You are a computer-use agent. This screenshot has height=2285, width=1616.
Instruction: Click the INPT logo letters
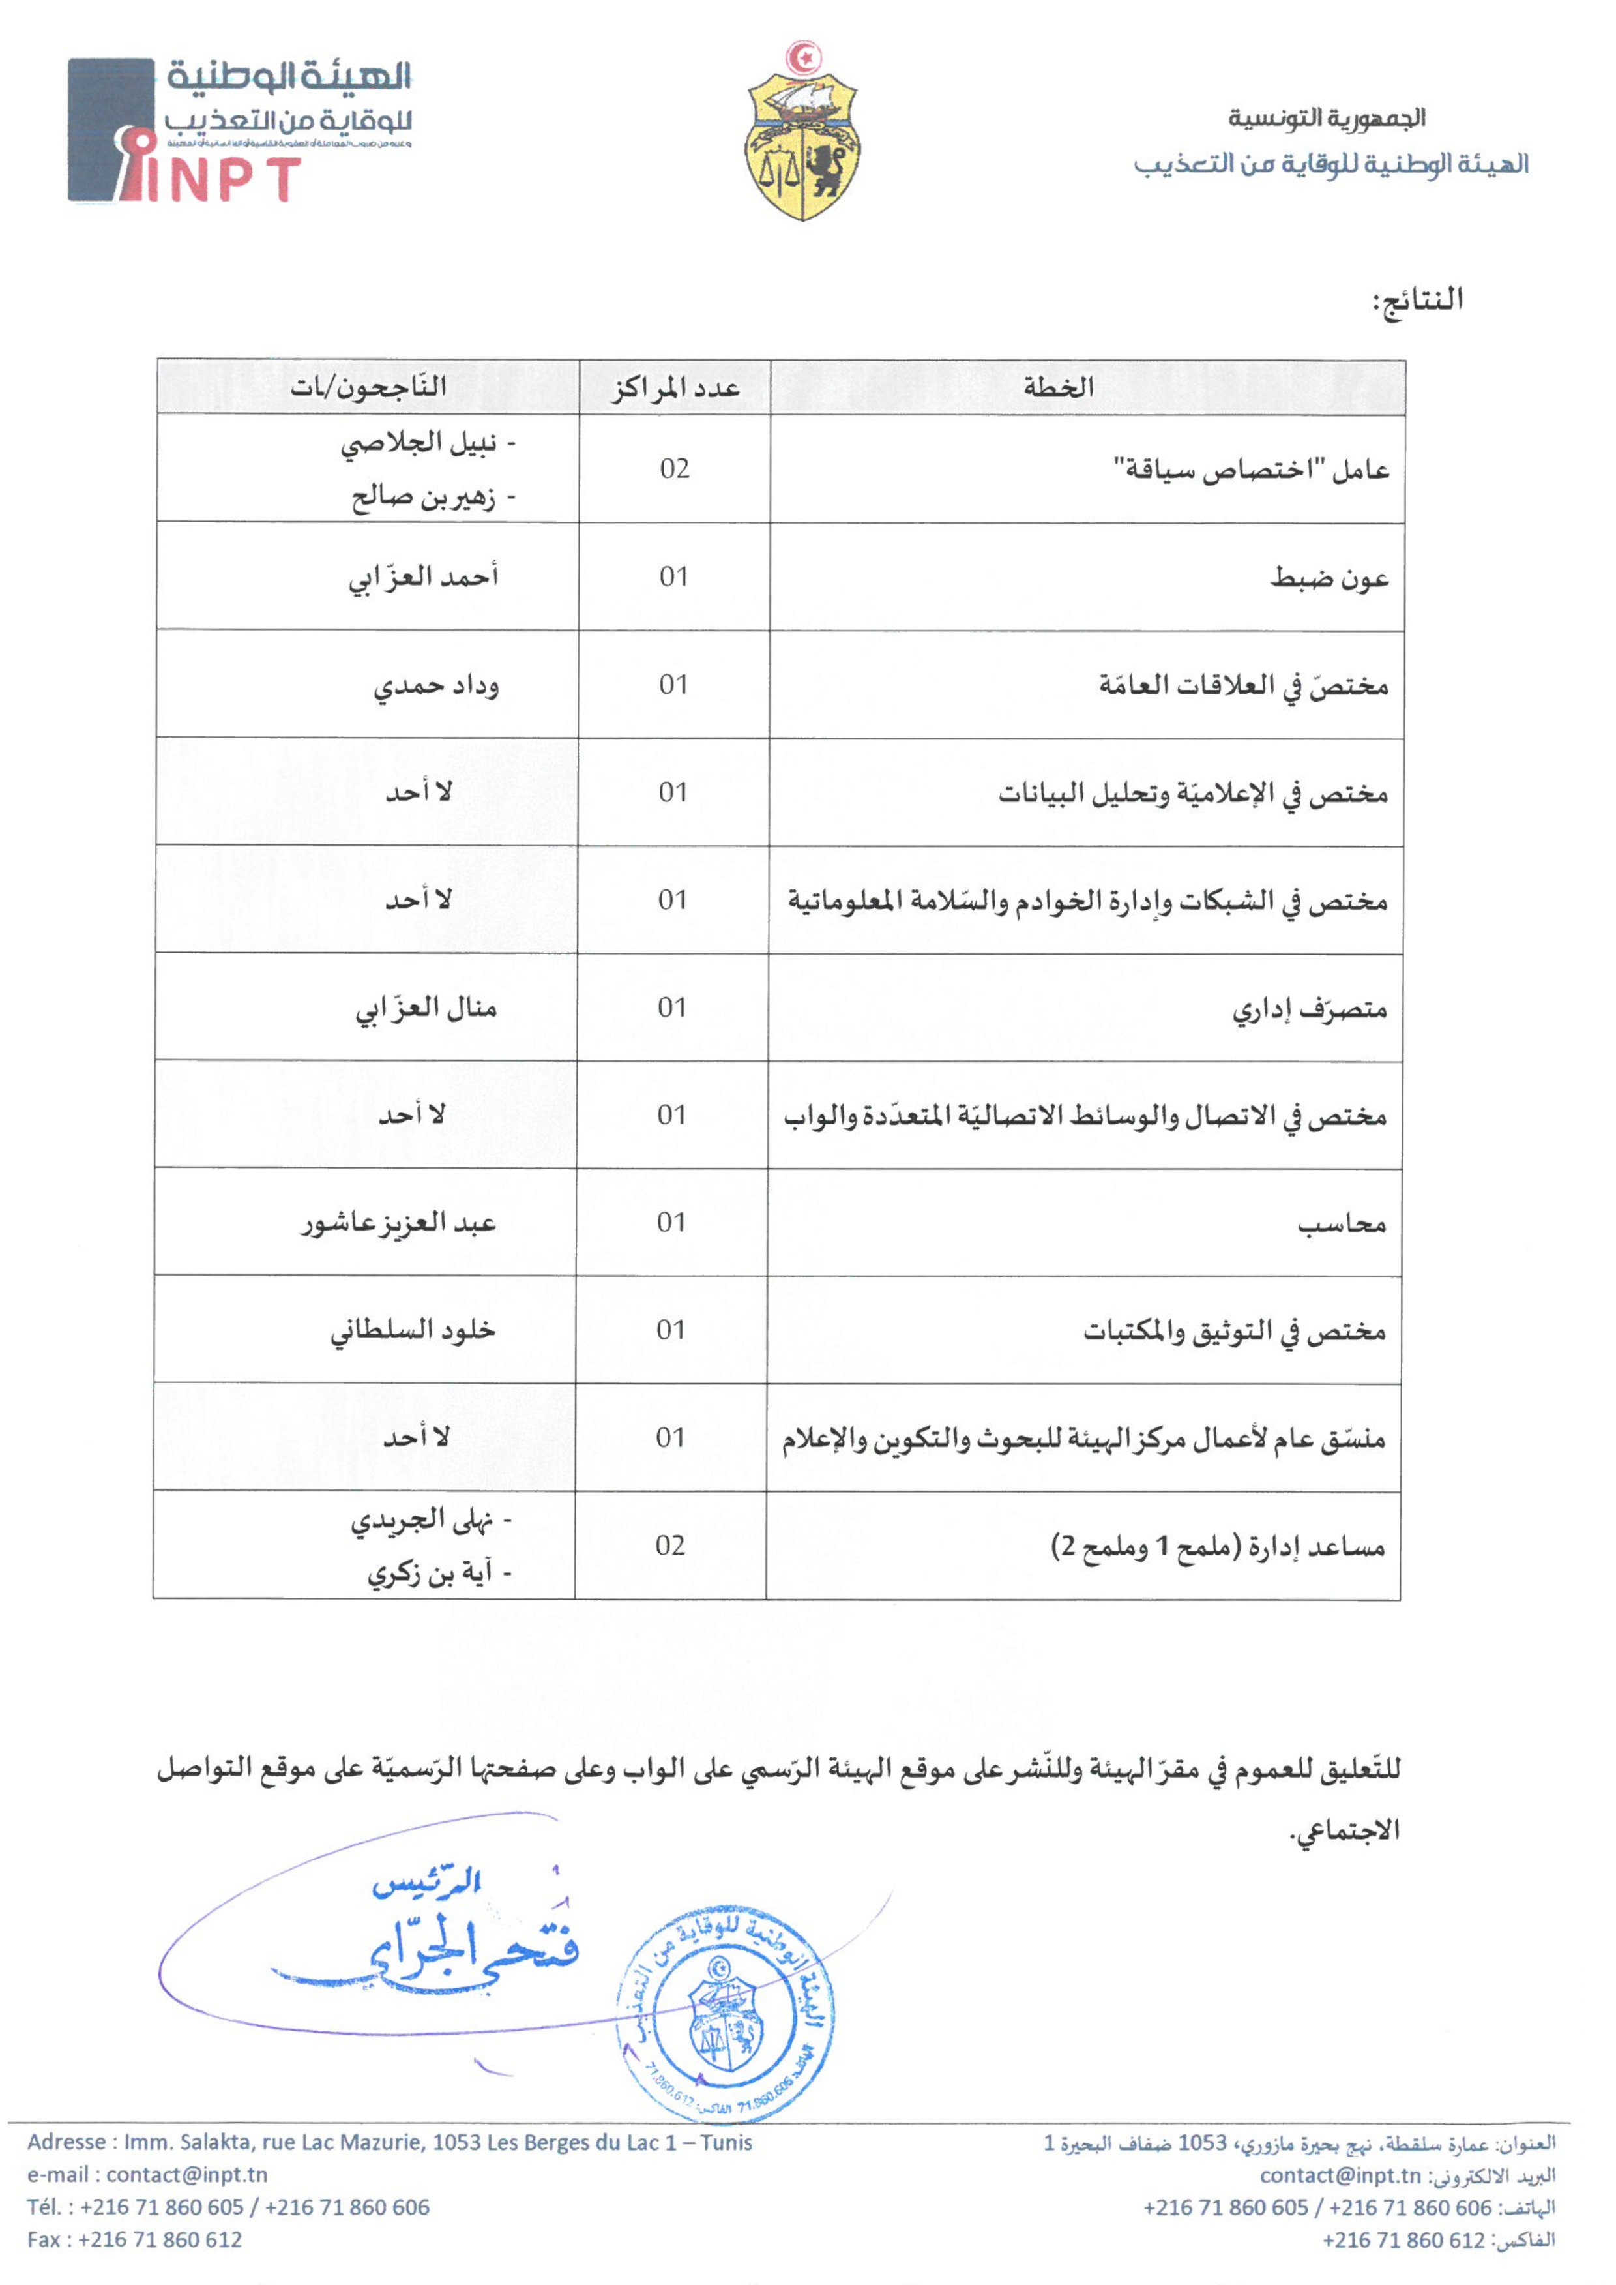click(224, 179)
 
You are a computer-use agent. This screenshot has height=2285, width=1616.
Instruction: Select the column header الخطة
click(1059, 387)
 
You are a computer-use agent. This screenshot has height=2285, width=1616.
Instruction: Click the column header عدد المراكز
click(675, 387)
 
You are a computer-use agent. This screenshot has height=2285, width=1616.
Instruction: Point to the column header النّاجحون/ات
click(368, 387)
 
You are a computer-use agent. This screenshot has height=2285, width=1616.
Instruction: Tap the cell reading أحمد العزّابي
click(424, 577)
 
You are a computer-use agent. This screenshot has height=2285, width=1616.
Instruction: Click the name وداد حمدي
click(437, 686)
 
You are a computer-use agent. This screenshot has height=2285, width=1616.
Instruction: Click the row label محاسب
click(1342, 1223)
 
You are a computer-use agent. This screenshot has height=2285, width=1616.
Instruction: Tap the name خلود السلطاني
click(413, 1330)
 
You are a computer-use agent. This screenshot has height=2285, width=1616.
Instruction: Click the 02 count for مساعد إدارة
click(671, 1546)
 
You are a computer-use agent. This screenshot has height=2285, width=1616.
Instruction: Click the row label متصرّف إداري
click(1310, 1009)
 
